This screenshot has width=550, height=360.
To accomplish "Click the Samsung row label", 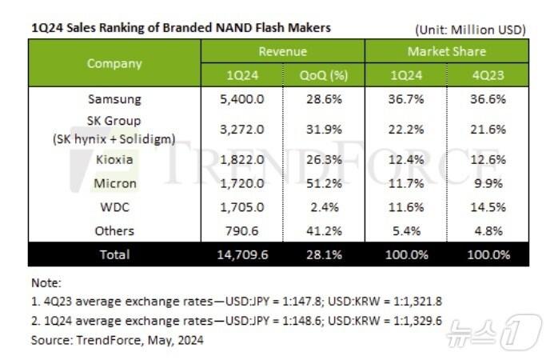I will point(114,99).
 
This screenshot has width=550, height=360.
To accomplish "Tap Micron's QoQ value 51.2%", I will point(324,183).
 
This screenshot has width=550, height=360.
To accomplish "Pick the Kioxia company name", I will point(114,159).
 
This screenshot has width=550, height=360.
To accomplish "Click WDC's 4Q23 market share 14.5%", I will point(488,207).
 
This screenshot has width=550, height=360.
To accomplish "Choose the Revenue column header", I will point(282,52).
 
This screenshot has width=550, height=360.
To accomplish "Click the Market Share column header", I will point(446,52).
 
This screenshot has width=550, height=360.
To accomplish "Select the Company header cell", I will point(114,63).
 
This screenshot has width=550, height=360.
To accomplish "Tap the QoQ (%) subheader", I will point(324,75).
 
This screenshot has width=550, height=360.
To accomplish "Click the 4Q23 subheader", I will point(488,75).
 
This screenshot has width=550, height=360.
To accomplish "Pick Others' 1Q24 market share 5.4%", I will point(405,231).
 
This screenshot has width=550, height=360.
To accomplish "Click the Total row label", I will point(114,255).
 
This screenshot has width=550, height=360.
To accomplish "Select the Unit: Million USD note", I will point(469,30).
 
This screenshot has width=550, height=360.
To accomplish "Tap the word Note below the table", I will point(45,282).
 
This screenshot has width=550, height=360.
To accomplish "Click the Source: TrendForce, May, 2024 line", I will point(117,340).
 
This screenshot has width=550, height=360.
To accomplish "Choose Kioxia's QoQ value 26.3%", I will point(324,159).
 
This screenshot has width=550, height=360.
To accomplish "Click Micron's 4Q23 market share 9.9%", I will point(488,183).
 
